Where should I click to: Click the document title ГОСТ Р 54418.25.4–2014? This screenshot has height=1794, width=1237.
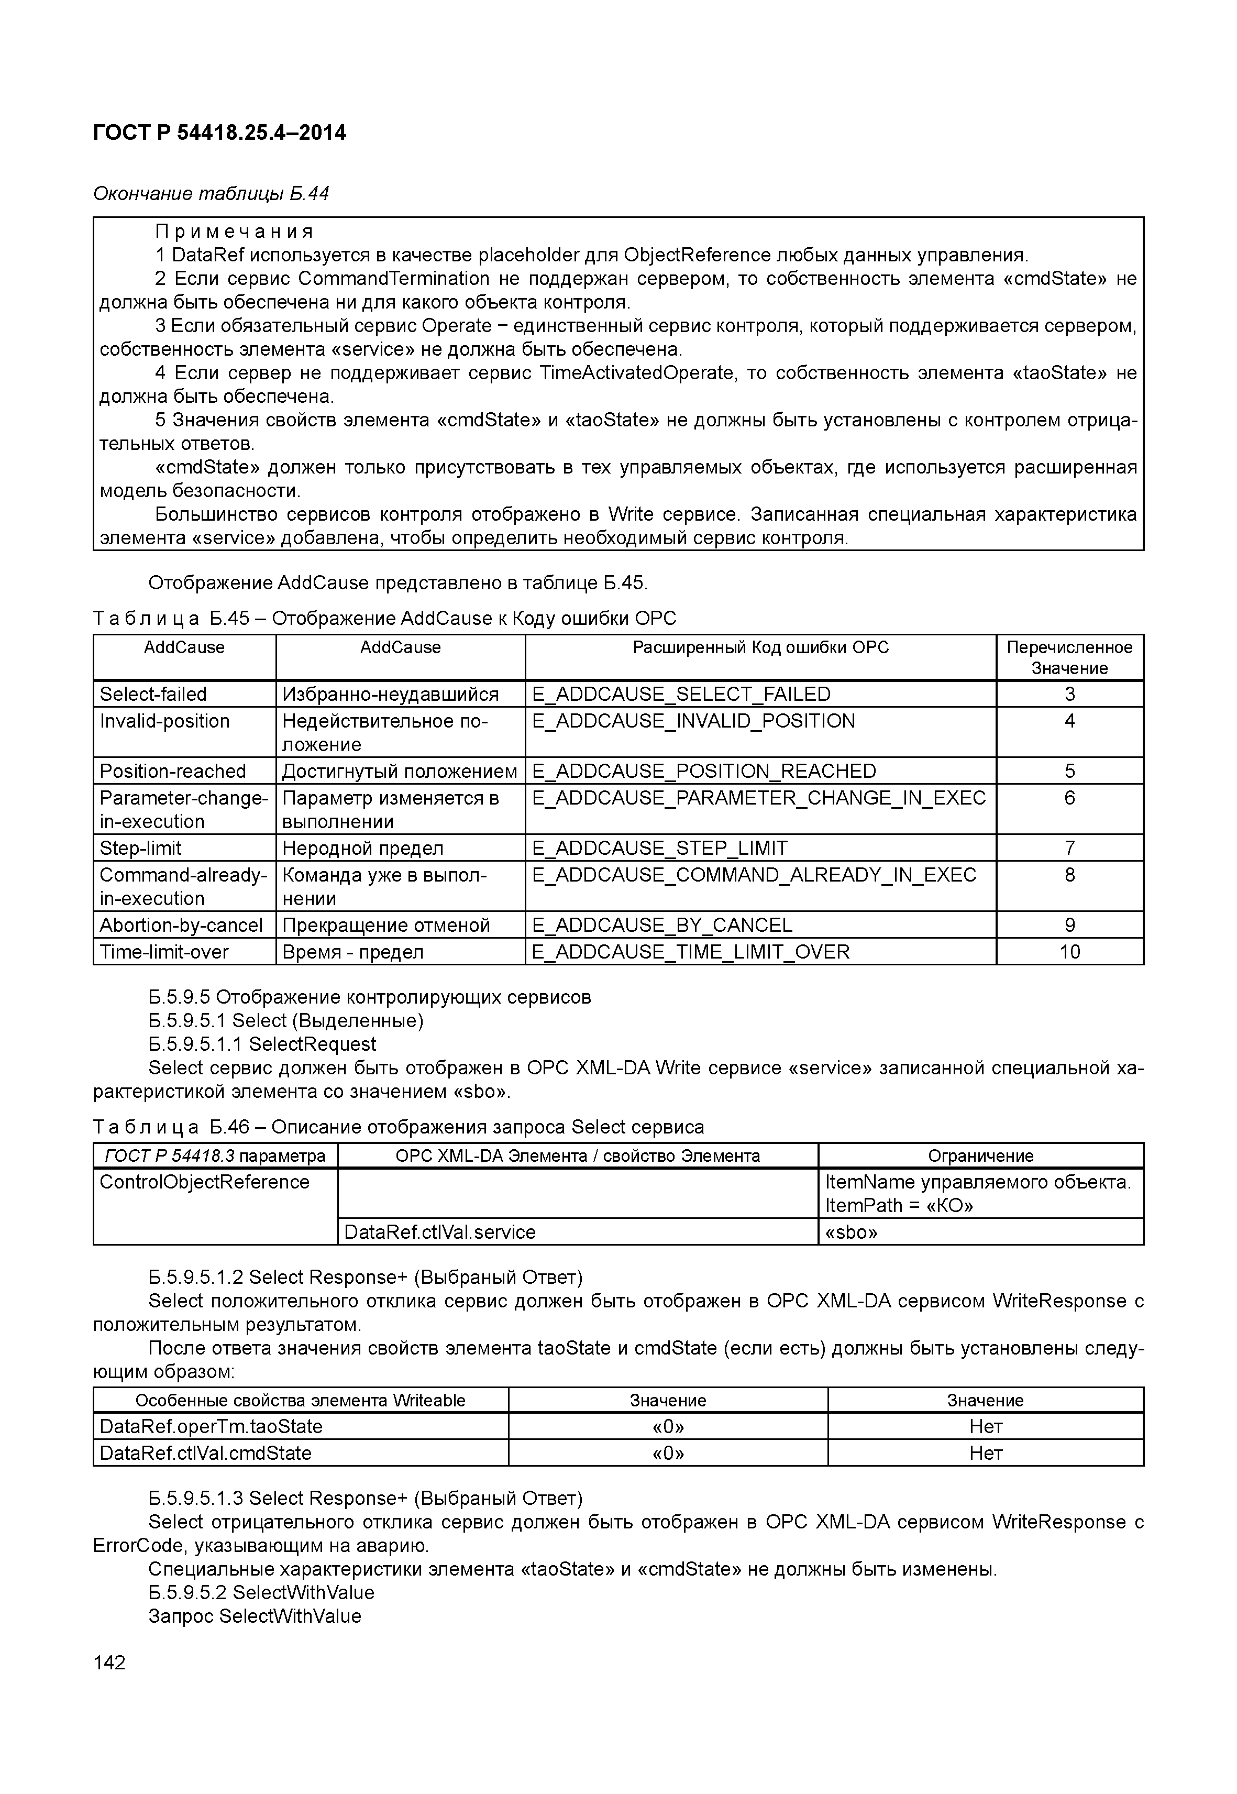219,134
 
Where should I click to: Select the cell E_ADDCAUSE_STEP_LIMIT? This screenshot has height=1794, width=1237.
659,848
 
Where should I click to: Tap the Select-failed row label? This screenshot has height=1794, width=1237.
153,694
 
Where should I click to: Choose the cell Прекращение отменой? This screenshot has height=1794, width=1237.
386,925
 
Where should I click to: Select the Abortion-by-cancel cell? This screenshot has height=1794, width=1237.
181,925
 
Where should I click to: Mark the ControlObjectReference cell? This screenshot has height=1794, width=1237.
205,1182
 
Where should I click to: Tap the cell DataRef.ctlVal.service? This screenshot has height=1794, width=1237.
439,1232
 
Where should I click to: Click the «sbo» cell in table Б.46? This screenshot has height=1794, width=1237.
851,1232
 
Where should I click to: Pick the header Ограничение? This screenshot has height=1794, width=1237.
980,1156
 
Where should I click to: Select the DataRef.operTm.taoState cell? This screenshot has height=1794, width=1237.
211,1426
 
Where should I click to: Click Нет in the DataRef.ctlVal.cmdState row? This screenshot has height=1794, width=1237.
985,1453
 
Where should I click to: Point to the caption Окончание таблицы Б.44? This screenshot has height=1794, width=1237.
211,193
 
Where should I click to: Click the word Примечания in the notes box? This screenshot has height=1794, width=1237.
234,232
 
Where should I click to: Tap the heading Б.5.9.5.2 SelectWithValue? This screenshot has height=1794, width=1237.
261,1592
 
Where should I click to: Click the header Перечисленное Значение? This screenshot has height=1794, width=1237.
1069,657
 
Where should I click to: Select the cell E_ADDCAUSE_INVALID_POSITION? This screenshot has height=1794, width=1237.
693,721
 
